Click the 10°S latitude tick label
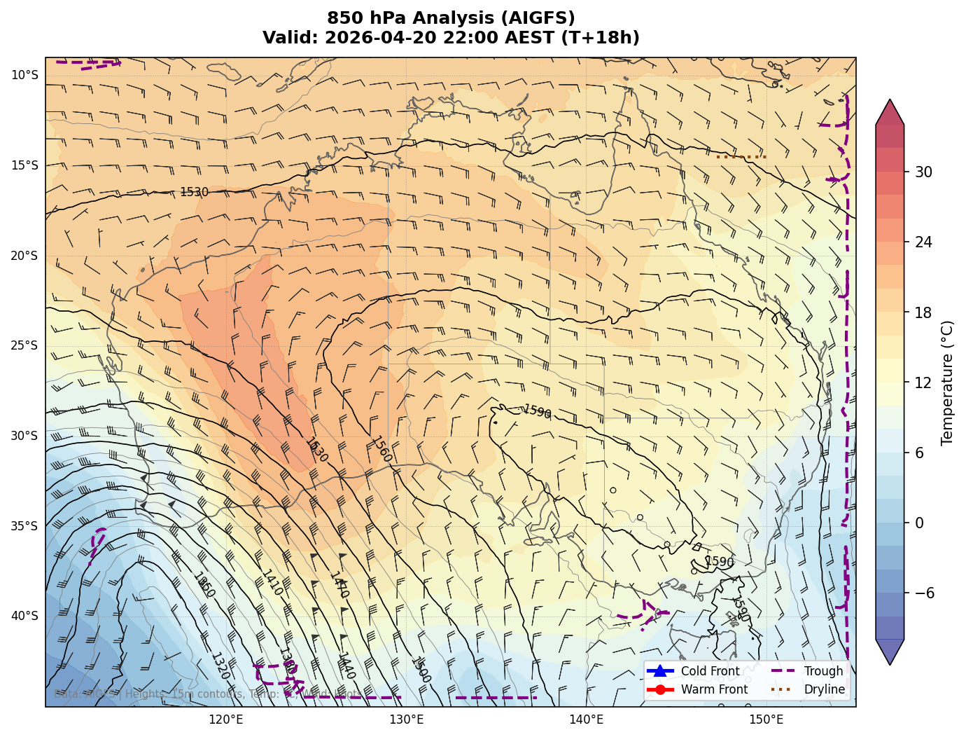coord(24,76)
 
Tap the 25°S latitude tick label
coord(24,345)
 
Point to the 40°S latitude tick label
coord(24,616)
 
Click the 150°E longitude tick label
coord(766,719)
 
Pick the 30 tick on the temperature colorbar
coord(923,172)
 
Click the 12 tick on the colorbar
coord(923,383)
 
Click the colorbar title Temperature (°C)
coord(948,383)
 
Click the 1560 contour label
coord(381,450)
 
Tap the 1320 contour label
coord(220,666)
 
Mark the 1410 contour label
coord(272,583)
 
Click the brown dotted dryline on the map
coord(741,156)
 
